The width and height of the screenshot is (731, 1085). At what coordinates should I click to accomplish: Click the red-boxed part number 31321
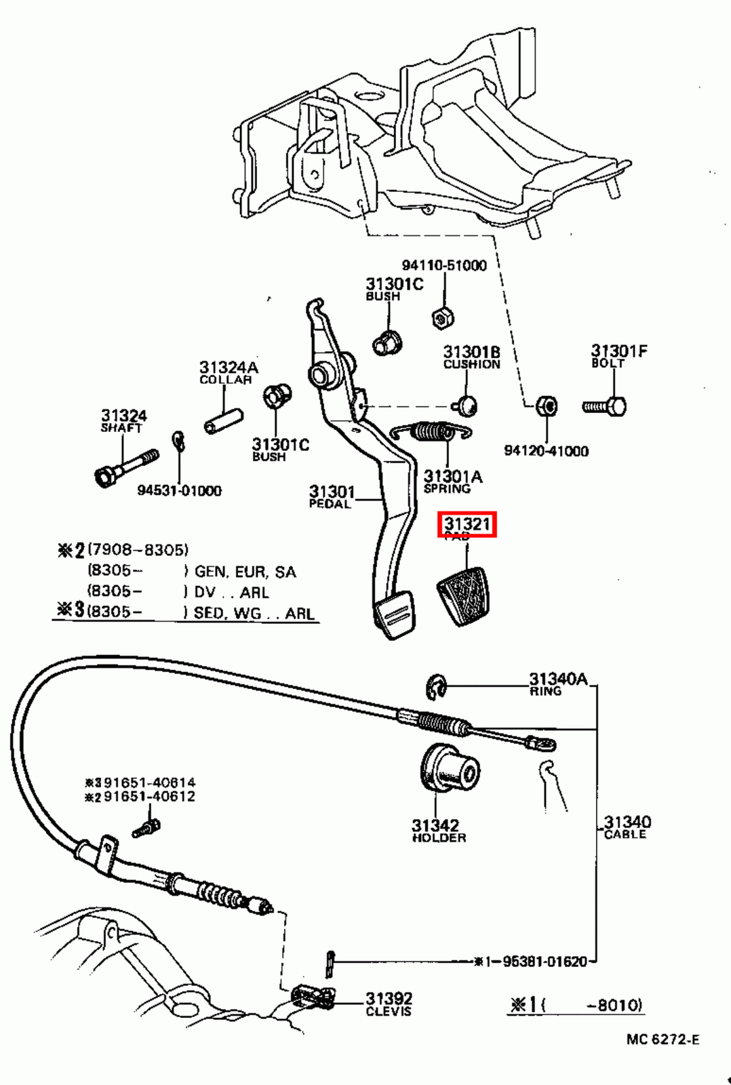467,524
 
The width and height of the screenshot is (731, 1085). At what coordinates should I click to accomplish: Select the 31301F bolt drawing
605,407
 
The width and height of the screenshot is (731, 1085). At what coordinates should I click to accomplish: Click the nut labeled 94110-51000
442,317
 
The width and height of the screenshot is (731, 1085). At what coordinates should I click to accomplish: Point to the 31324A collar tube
223,421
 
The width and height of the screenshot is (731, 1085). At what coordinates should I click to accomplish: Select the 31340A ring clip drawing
436,687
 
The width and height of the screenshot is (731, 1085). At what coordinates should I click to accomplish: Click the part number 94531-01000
179,490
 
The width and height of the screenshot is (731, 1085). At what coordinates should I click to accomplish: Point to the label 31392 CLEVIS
389,1003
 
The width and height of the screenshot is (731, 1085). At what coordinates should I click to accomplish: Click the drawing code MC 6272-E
662,1040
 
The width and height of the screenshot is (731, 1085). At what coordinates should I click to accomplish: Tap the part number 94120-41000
546,451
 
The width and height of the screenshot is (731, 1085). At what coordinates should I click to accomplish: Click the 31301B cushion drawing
466,406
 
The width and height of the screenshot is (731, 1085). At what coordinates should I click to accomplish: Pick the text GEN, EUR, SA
245,572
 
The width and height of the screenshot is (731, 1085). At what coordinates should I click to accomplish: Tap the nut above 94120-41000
546,406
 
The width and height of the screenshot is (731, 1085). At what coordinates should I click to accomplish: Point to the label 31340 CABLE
626,827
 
